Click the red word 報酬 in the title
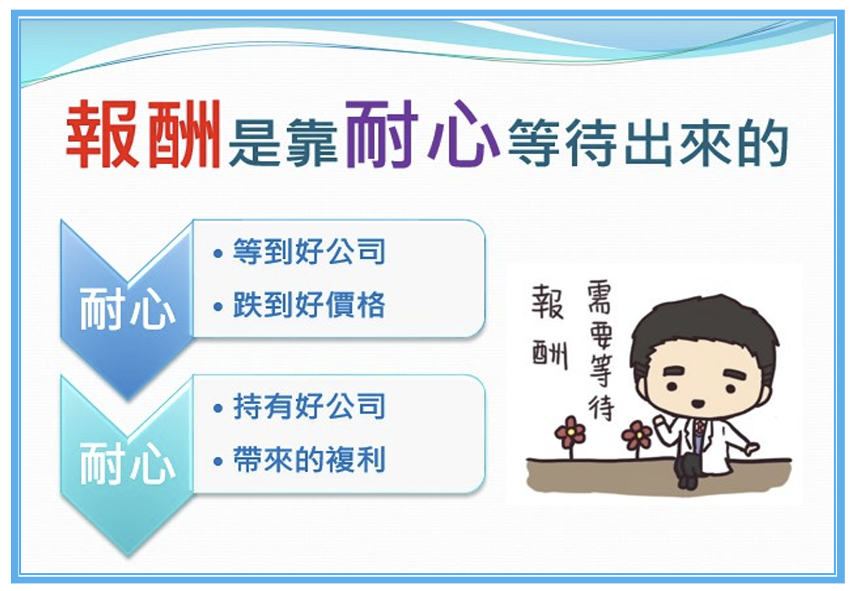[143, 134]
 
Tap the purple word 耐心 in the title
[423, 134]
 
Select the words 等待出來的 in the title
[648, 143]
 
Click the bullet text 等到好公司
[308, 251]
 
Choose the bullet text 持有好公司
[308, 406]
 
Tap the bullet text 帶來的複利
[308, 460]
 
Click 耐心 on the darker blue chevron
[127, 309]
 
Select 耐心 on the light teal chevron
[127, 464]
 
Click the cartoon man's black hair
[700, 325]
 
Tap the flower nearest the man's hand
[637, 436]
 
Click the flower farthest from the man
[570, 432]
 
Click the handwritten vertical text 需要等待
[601, 351]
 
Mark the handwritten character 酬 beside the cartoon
[549, 353]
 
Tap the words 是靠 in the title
[282, 143]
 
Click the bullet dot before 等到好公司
[218, 253]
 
